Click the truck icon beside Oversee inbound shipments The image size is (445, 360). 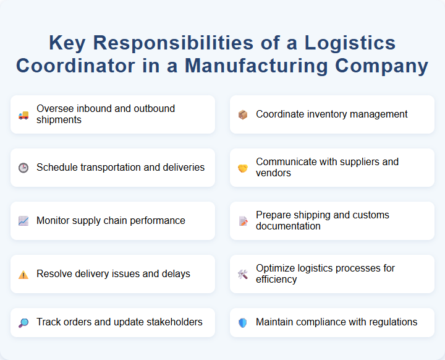23,114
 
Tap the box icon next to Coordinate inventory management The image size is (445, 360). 242,114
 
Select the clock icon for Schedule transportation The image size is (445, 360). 23,168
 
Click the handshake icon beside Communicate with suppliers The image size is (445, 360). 242,168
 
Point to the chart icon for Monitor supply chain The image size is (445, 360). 23,221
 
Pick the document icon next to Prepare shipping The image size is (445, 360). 242,221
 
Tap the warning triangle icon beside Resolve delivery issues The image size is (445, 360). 23,274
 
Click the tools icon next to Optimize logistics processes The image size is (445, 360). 242,274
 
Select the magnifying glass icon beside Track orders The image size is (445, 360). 23,322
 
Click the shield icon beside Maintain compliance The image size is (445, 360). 242,322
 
